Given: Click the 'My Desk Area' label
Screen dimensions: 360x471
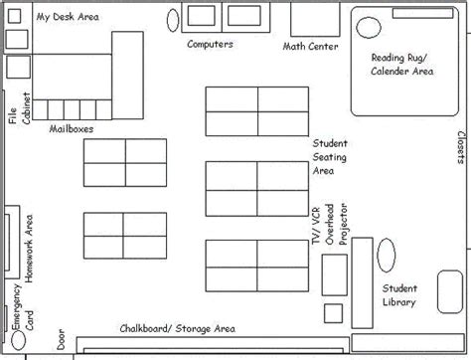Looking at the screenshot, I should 67,17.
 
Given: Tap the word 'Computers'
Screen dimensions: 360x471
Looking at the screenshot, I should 210,45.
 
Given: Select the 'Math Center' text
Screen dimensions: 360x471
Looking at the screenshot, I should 310,47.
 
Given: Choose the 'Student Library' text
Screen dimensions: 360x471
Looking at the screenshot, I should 397,295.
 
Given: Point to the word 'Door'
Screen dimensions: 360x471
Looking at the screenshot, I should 62,340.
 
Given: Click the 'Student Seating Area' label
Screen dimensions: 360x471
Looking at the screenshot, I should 330,156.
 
